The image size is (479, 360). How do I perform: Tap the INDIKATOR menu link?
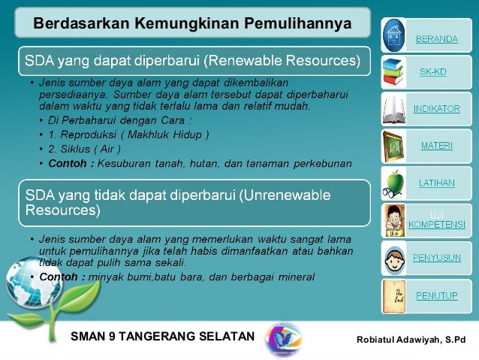pyautogui.click(x=436, y=109)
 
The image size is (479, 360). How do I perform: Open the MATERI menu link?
pyautogui.click(x=436, y=145)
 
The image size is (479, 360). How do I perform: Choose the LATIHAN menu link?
pyautogui.click(x=436, y=181)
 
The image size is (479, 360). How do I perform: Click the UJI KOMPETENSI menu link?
pyautogui.click(x=436, y=219)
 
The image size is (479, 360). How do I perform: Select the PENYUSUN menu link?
pyautogui.click(x=436, y=257)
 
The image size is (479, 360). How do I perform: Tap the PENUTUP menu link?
pyautogui.click(x=436, y=295)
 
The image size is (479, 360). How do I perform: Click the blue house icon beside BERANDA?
pyautogui.click(x=393, y=34)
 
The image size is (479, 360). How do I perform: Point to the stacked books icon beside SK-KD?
pyautogui.click(x=393, y=71)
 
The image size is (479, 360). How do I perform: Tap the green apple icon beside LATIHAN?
pyautogui.click(x=393, y=182)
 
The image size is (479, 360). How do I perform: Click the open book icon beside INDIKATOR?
pyautogui.click(x=393, y=108)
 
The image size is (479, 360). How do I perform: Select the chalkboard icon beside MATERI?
pyautogui.click(x=393, y=144)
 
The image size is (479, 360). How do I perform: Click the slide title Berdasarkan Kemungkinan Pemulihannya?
pyautogui.click(x=192, y=24)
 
